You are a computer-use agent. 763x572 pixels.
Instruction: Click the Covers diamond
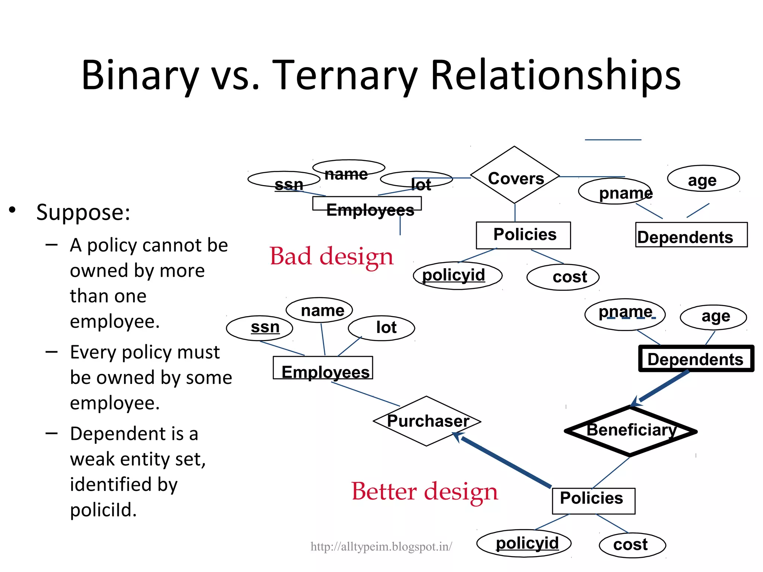tap(515, 175)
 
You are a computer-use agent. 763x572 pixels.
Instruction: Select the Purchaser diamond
tap(427, 421)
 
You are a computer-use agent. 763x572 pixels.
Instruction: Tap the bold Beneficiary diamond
tap(630, 431)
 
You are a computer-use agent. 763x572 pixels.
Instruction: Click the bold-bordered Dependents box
tap(696, 359)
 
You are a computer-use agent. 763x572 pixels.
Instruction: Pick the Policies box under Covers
tap(523, 235)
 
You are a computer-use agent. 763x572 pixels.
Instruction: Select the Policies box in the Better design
tap(593, 500)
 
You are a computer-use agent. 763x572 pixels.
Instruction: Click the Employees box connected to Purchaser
tap(323, 368)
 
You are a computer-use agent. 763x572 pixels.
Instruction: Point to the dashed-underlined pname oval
tap(625, 314)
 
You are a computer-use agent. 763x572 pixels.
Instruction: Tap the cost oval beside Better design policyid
tap(632, 545)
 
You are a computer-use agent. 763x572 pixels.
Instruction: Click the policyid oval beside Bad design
tap(458, 276)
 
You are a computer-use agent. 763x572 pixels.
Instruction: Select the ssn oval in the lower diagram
tap(260, 328)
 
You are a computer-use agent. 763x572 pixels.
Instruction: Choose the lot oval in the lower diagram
tap(381, 328)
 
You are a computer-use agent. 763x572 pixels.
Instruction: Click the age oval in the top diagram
tap(703, 179)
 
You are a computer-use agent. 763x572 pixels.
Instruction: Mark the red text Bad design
tap(332, 257)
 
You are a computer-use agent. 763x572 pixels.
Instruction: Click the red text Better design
tap(425, 492)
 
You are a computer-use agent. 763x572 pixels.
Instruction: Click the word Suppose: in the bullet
tap(83, 212)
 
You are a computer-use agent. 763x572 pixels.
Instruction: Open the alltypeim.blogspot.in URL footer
tap(381, 547)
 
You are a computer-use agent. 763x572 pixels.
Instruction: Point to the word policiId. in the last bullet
tap(103, 510)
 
